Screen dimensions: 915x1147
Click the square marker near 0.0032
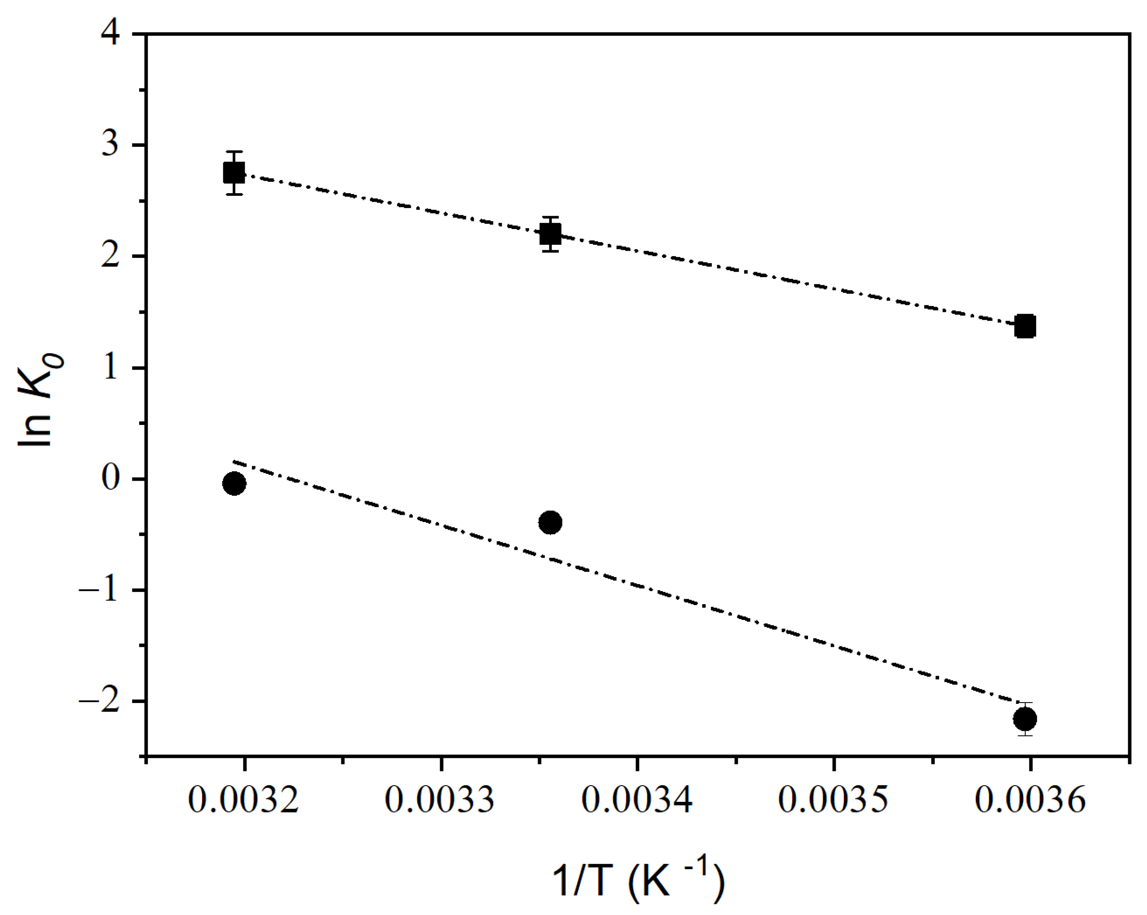(234, 173)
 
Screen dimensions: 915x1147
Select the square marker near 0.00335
(550, 234)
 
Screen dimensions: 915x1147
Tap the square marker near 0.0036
(1025, 326)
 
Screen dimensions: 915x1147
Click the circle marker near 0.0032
(234, 484)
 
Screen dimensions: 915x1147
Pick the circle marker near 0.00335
(550, 522)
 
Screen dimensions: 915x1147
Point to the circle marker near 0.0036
(1025, 719)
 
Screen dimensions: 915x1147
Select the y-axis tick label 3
(110, 144)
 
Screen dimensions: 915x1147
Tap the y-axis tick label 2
(110, 256)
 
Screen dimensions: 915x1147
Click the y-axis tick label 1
(110, 367)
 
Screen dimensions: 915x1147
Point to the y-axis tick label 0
(110, 479)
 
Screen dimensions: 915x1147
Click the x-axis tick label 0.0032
(244, 800)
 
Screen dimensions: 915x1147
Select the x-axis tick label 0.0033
(440, 800)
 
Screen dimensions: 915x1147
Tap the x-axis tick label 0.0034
(637, 800)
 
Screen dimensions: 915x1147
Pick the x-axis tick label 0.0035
(834, 800)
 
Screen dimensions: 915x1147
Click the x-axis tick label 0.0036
(1030, 800)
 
